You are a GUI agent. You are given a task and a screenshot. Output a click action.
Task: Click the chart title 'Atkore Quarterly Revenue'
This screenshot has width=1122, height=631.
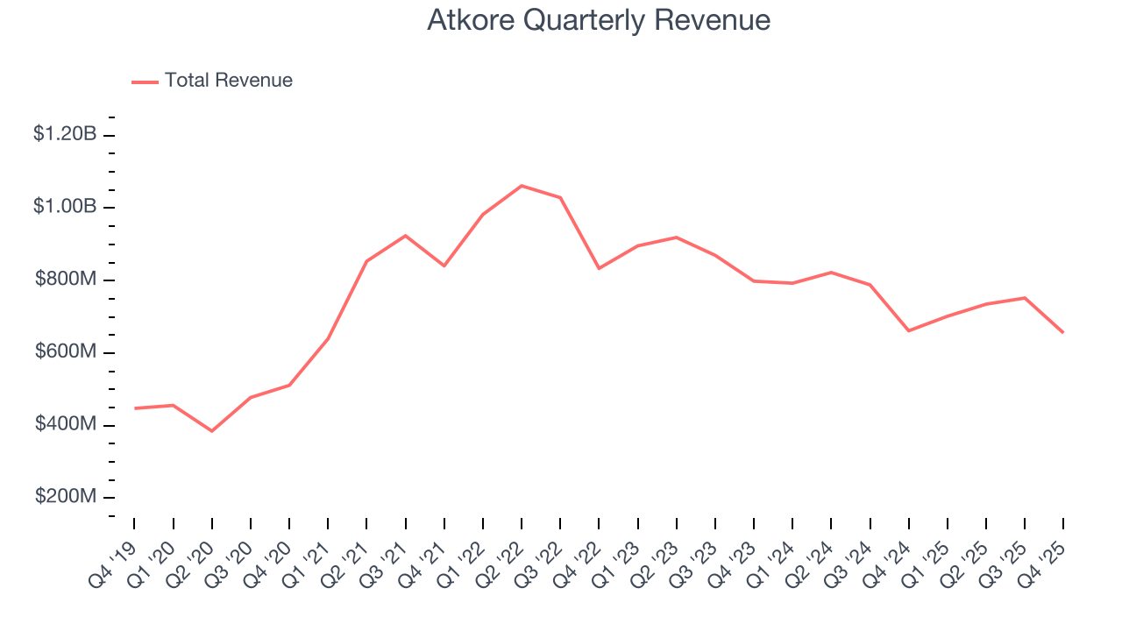click(x=599, y=20)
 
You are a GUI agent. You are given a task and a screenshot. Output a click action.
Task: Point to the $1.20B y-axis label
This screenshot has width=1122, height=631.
click(x=65, y=135)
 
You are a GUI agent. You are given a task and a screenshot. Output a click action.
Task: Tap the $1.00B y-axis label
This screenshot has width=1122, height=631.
click(x=65, y=207)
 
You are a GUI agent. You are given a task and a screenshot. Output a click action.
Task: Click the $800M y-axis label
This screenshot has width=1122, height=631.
click(x=66, y=280)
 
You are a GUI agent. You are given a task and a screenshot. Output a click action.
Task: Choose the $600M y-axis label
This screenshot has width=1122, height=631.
click(x=66, y=351)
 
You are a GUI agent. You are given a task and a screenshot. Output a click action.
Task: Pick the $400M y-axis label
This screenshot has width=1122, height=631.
click(x=66, y=424)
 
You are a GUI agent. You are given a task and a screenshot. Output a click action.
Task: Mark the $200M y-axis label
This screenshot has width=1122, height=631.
click(x=66, y=497)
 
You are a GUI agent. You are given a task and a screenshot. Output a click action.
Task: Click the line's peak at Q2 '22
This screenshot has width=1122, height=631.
click(x=522, y=186)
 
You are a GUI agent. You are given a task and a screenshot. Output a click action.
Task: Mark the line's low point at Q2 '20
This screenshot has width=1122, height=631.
click(x=212, y=431)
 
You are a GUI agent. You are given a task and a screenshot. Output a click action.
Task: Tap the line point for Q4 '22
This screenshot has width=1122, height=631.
click(x=599, y=268)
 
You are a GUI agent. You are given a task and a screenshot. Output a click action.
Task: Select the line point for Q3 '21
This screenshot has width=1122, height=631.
click(x=406, y=236)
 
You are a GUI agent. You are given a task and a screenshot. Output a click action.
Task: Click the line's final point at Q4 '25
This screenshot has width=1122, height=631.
click(x=1063, y=332)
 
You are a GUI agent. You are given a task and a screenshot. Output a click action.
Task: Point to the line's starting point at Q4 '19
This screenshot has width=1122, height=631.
click(x=135, y=408)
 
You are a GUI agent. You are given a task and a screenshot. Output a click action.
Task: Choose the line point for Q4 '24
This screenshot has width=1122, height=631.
click(x=908, y=330)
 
